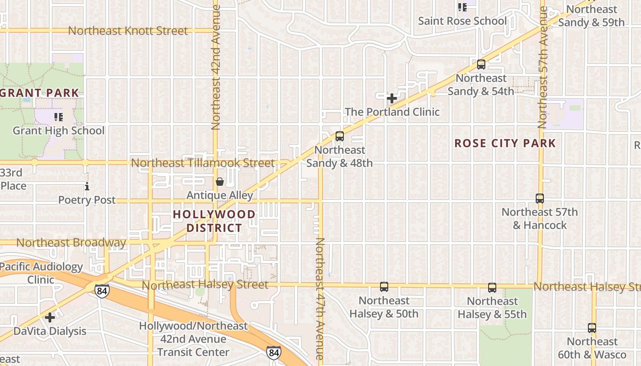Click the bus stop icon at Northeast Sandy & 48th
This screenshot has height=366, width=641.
[339, 136]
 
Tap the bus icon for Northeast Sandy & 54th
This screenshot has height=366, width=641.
[481, 65]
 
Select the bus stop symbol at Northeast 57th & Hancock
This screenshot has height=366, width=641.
[539, 198]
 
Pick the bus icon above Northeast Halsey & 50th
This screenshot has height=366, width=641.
[384, 287]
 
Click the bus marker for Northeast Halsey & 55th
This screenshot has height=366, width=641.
[492, 287]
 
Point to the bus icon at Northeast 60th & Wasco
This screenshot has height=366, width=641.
[592, 328]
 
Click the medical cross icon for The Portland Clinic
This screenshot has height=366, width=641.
[391, 98]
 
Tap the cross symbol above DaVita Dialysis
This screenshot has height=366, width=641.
[50, 317]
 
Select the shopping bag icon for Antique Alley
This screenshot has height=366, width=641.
[220, 182]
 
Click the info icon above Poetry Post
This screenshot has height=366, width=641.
[87, 186]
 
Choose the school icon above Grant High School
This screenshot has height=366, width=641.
[58, 117]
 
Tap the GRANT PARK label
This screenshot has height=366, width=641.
[40, 93]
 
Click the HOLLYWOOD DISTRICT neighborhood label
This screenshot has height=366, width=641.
[214, 221]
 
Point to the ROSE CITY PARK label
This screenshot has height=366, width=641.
[505, 143]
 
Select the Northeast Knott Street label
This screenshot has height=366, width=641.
[128, 31]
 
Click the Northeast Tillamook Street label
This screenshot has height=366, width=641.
[202, 163]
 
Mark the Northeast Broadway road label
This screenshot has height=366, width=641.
[71, 242]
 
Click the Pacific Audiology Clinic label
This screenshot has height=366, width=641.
[41, 273]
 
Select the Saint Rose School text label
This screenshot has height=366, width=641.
[462, 21]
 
